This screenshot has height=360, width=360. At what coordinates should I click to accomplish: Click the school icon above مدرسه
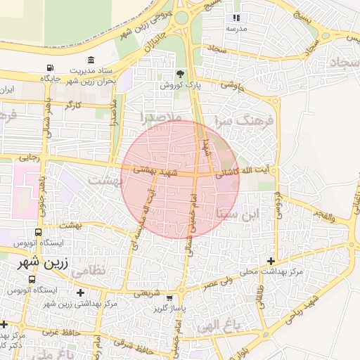[236, 18]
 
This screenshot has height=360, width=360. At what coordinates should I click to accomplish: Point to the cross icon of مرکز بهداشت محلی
[271, 261]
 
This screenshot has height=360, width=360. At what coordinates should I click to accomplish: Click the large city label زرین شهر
[34, 262]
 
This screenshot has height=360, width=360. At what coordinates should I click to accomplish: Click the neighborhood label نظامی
[107, 269]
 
